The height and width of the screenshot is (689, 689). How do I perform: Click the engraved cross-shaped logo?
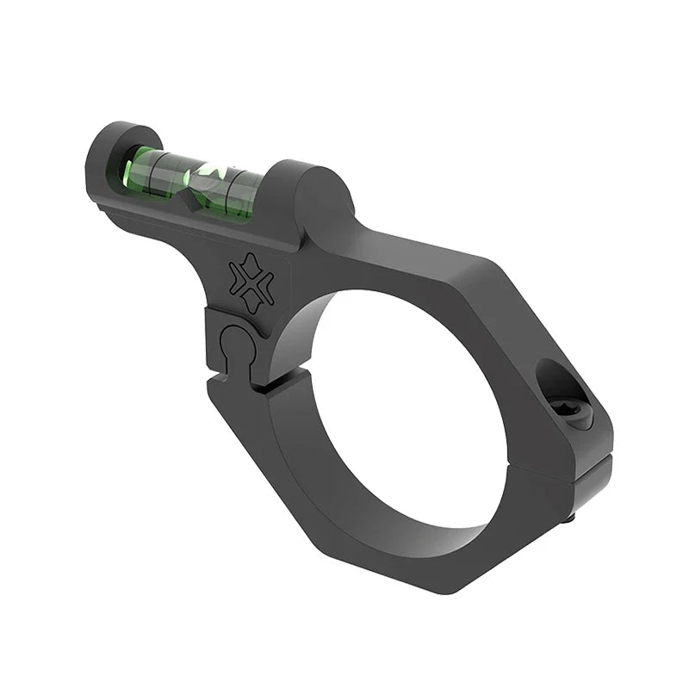[251, 283]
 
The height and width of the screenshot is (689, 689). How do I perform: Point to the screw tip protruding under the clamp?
[570, 518]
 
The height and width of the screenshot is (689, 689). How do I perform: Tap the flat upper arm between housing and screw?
[448, 267]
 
